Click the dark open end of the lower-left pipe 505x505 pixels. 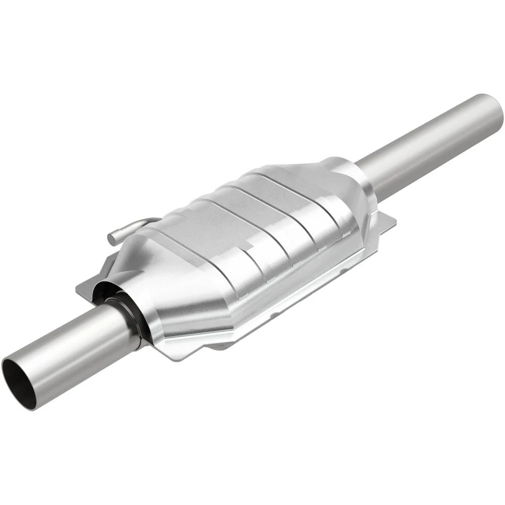19,383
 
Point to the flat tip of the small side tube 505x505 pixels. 112,238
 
